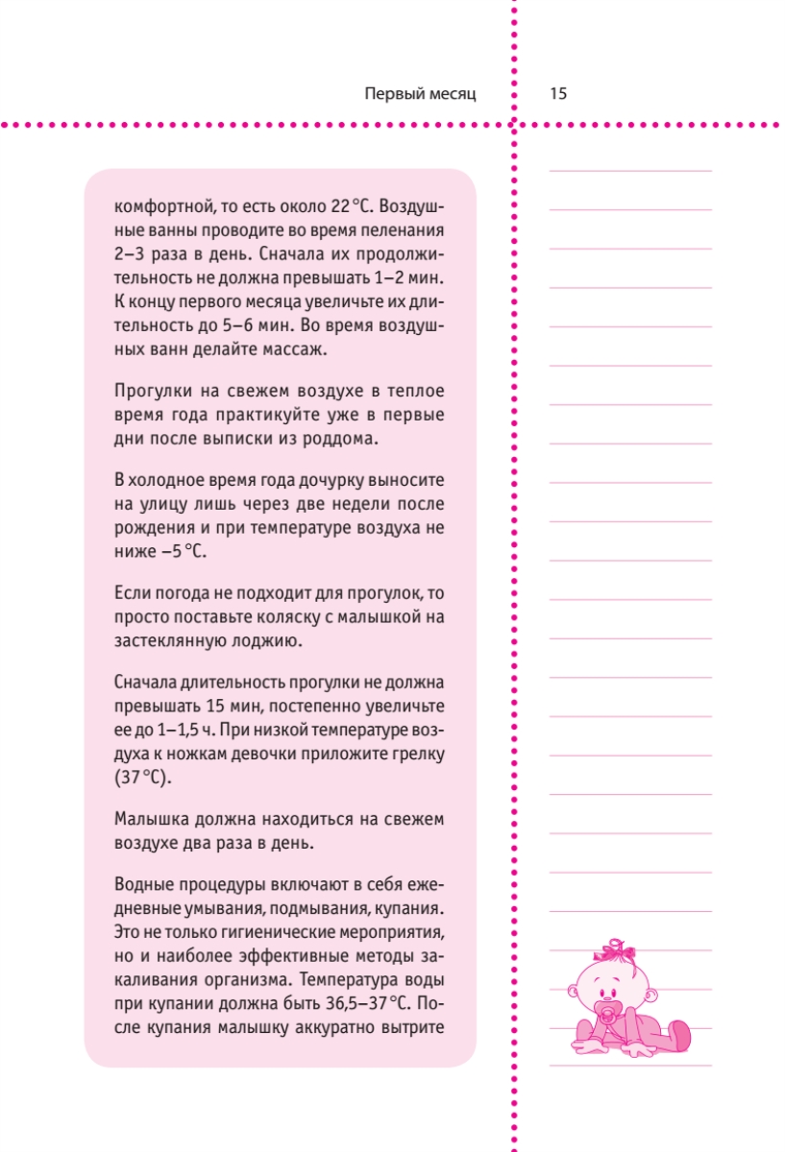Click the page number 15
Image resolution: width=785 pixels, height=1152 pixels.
(x=558, y=94)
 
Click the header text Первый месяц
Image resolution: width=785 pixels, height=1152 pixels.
(x=421, y=94)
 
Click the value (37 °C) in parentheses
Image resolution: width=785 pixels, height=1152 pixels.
(x=141, y=778)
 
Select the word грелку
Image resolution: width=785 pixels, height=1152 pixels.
(x=416, y=754)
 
